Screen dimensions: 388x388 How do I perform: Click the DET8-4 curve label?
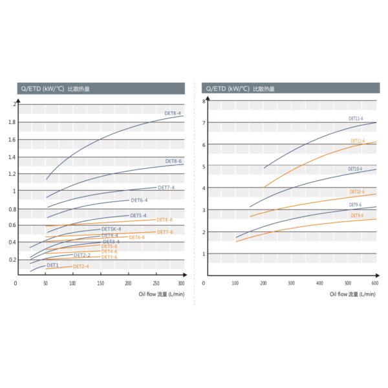(173, 114)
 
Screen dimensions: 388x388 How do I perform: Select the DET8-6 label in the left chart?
(173, 160)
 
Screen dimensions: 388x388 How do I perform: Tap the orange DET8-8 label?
(164, 220)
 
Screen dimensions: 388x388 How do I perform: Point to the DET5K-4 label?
(111, 230)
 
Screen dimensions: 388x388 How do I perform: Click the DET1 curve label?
(52, 265)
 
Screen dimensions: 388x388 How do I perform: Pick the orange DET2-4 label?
(81, 266)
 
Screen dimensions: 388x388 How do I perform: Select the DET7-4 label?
(166, 188)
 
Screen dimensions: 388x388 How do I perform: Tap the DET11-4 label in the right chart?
(356, 119)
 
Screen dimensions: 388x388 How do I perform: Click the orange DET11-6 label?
(358, 141)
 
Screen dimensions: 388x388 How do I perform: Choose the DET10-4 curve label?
(355, 169)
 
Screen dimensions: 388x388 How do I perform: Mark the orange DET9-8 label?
(356, 215)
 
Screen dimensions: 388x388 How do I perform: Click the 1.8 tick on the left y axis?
(13, 122)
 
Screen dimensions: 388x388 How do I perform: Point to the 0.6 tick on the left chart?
(13, 226)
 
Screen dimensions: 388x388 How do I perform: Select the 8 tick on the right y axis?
(203, 102)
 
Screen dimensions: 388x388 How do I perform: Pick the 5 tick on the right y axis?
(203, 167)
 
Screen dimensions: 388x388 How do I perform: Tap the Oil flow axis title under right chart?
(352, 294)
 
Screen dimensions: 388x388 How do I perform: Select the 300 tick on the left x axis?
(182, 283)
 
